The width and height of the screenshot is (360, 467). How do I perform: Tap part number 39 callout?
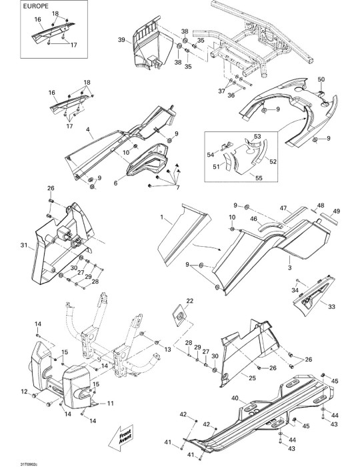point(121,39)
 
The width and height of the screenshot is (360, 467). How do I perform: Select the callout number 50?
point(321,79)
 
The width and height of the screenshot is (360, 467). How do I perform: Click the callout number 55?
point(259,178)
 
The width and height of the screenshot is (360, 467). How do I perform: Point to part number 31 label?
point(24,245)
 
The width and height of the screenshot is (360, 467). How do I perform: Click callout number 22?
point(189,301)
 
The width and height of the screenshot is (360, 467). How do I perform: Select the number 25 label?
point(252,378)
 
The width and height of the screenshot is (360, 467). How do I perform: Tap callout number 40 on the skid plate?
point(235,398)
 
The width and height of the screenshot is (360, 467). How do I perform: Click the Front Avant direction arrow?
point(120,438)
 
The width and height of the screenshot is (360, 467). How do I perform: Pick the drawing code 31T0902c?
point(29,464)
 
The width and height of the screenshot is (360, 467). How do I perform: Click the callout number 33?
point(331,306)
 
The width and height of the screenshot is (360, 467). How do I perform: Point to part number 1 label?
point(162,217)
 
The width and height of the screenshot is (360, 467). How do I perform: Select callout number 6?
point(116,183)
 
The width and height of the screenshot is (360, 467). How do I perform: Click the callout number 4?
point(88,129)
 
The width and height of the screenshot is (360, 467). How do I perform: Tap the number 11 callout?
point(111,404)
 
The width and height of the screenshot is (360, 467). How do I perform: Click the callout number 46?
point(253,219)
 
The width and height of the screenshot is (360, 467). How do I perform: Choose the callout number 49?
point(336,211)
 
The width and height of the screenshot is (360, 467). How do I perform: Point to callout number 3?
point(290,268)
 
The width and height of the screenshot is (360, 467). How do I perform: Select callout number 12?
point(24,392)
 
